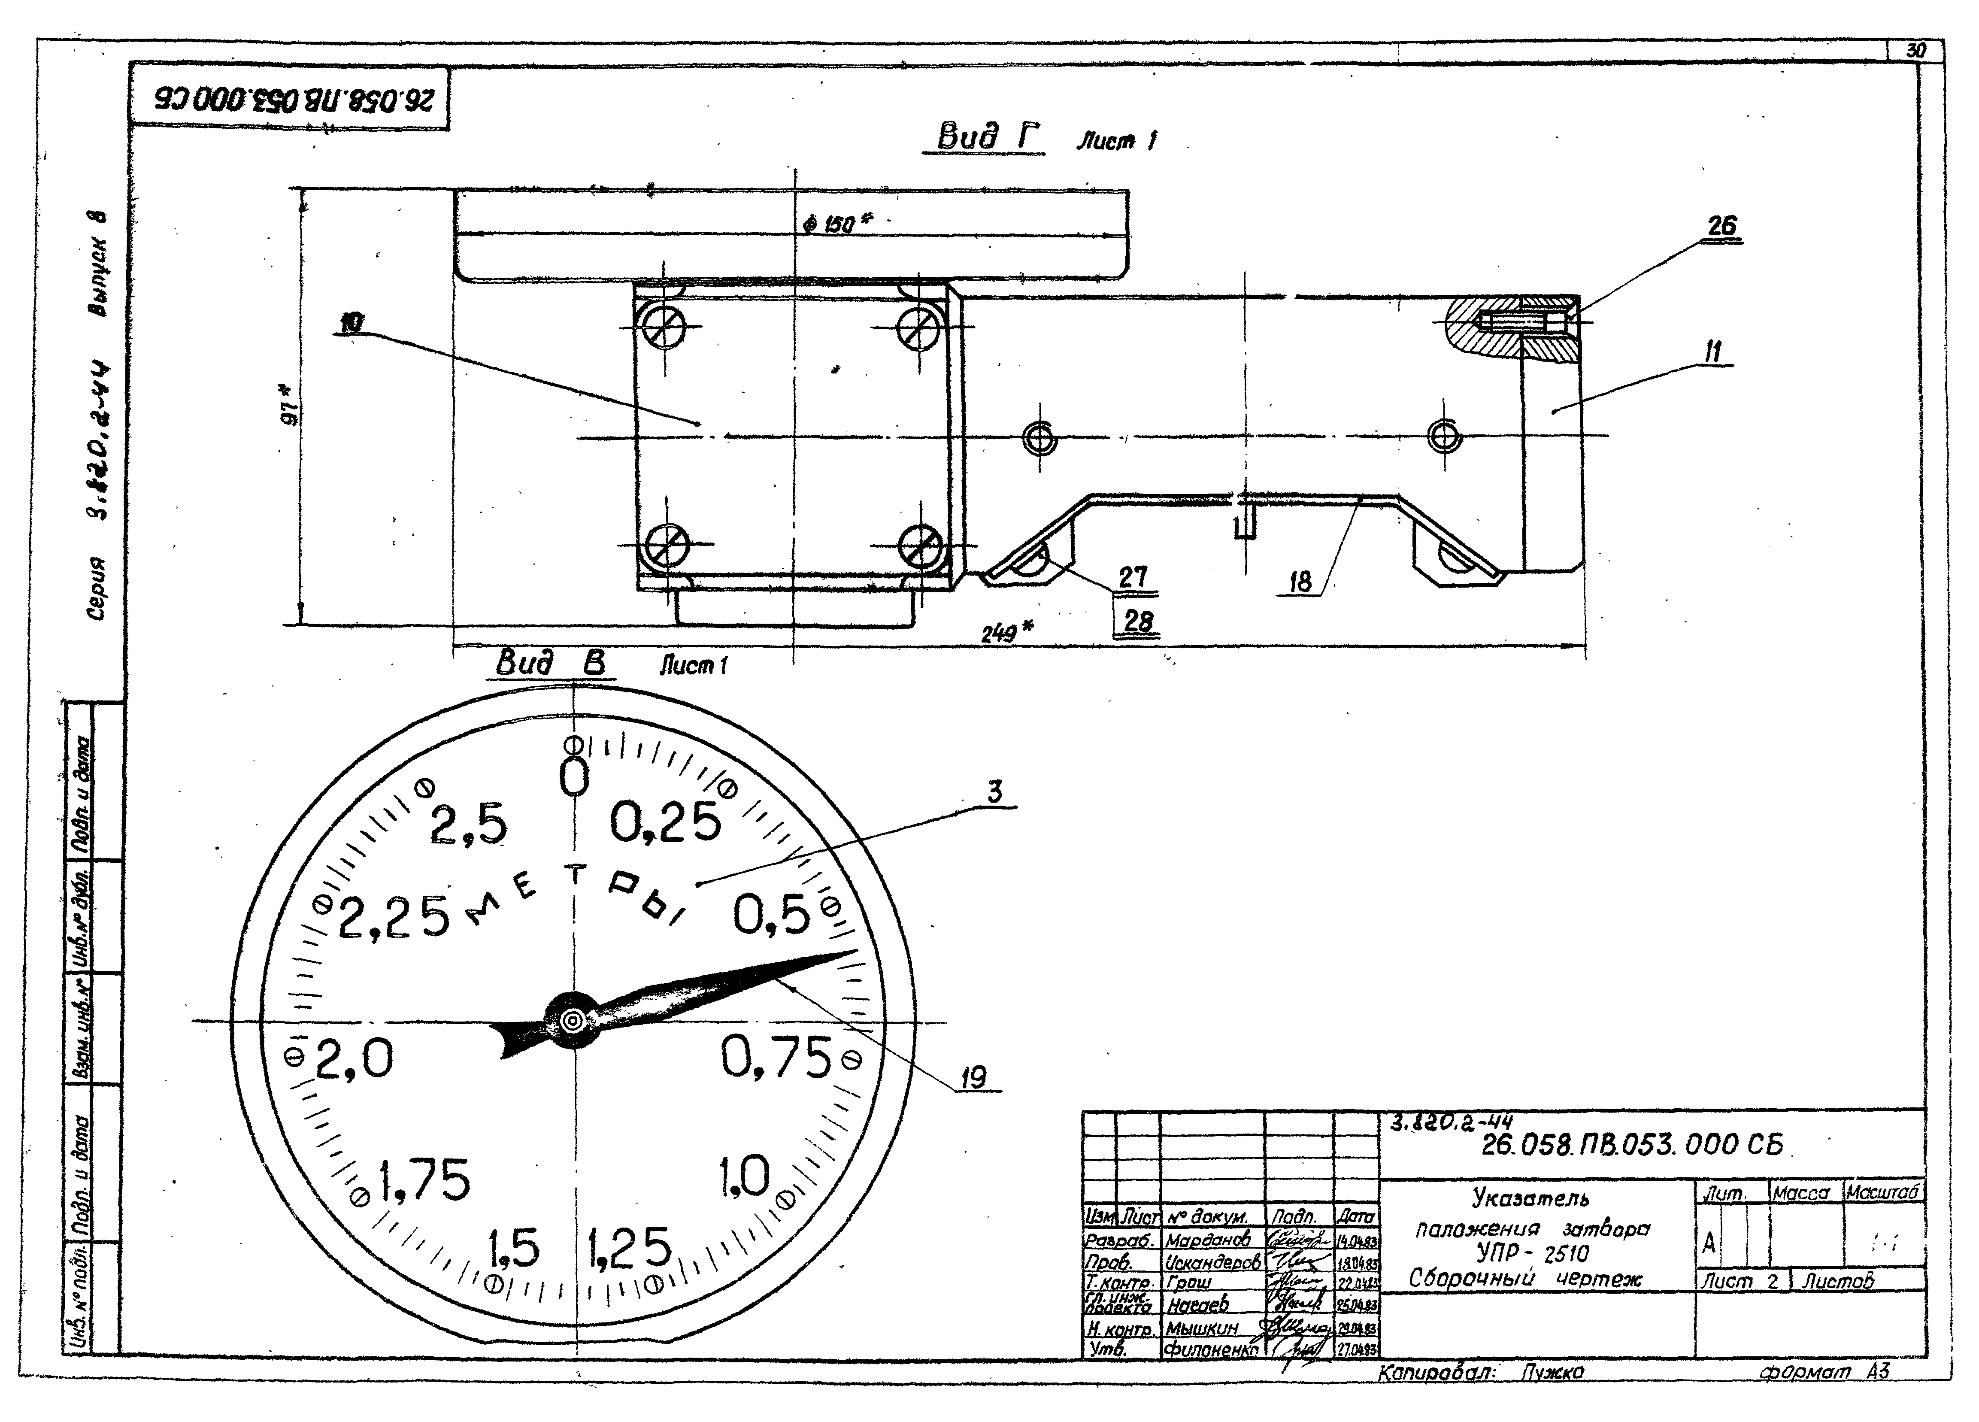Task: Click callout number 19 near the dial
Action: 974,1078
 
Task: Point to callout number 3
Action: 994,792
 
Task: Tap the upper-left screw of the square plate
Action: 665,328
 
